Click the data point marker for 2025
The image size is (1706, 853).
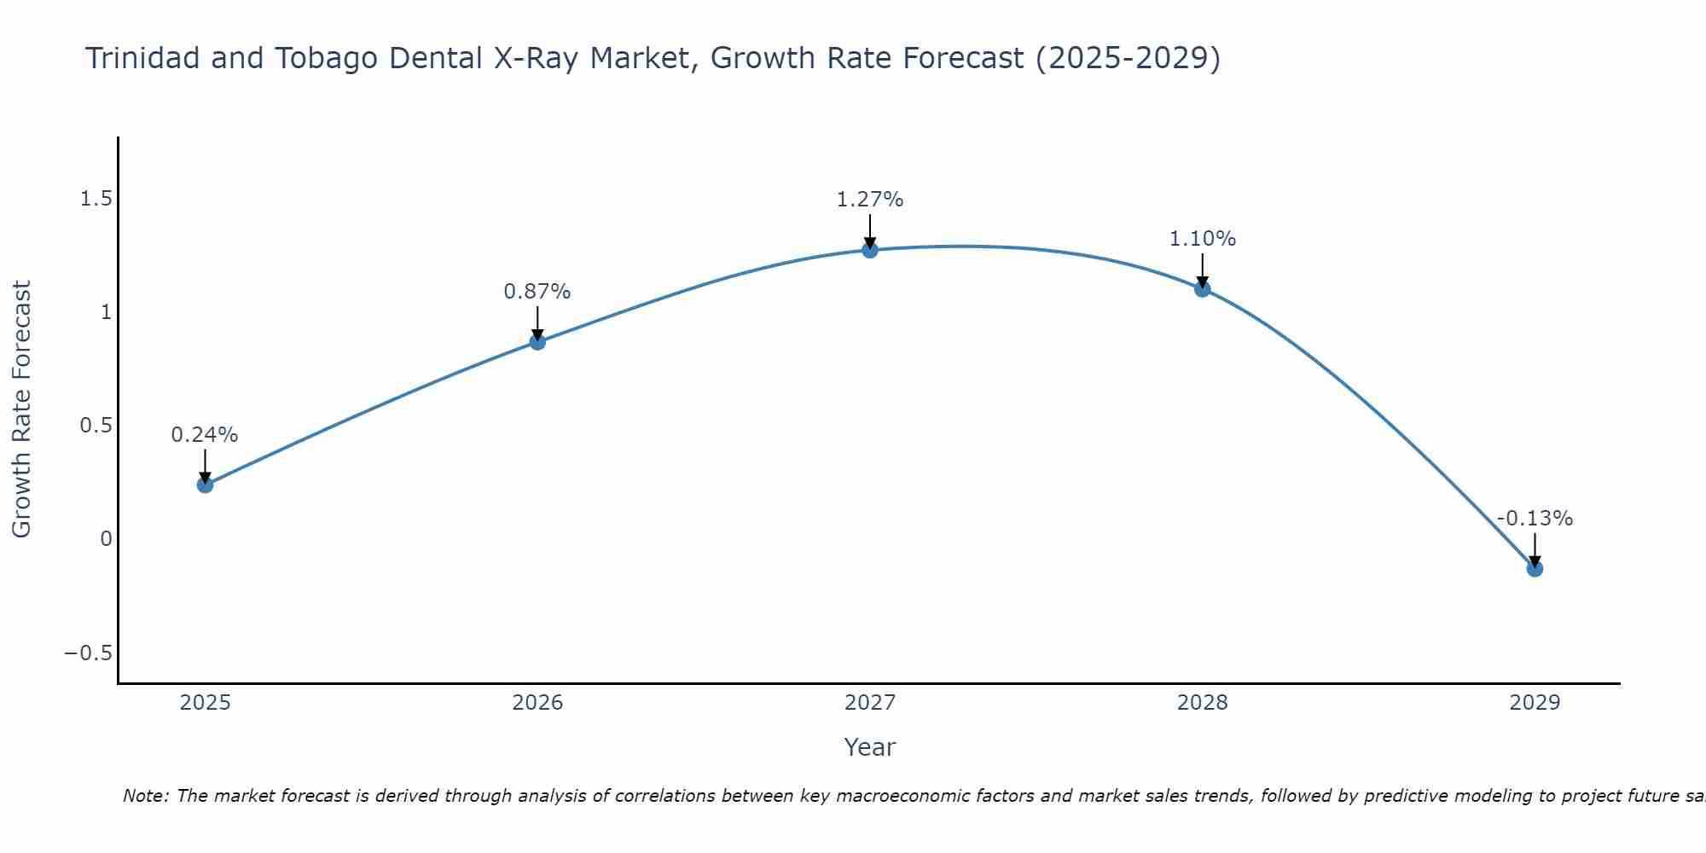pos(205,485)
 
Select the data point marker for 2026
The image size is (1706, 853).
pos(537,341)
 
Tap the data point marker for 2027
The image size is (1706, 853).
pos(870,250)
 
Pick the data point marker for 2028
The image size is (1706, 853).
pos(1203,288)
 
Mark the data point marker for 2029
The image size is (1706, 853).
pos(1535,568)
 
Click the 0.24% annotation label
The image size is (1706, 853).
pos(205,435)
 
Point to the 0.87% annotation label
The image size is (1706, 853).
pos(537,292)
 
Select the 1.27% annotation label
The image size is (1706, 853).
pos(870,200)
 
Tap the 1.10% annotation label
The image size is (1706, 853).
pos(1203,239)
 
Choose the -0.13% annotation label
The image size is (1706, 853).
pos(1535,519)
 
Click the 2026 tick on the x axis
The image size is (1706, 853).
pos(537,703)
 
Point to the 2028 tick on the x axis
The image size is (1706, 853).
pos(1203,703)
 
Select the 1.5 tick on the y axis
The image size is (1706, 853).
pos(96,199)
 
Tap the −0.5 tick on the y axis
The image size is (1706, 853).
pos(88,653)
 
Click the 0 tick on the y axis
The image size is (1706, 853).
pos(106,539)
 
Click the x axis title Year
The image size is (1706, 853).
pos(869,748)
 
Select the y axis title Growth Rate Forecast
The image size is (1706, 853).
pos(21,409)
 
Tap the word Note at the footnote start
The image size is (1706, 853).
pos(146,797)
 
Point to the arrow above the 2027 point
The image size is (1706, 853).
pos(870,230)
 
